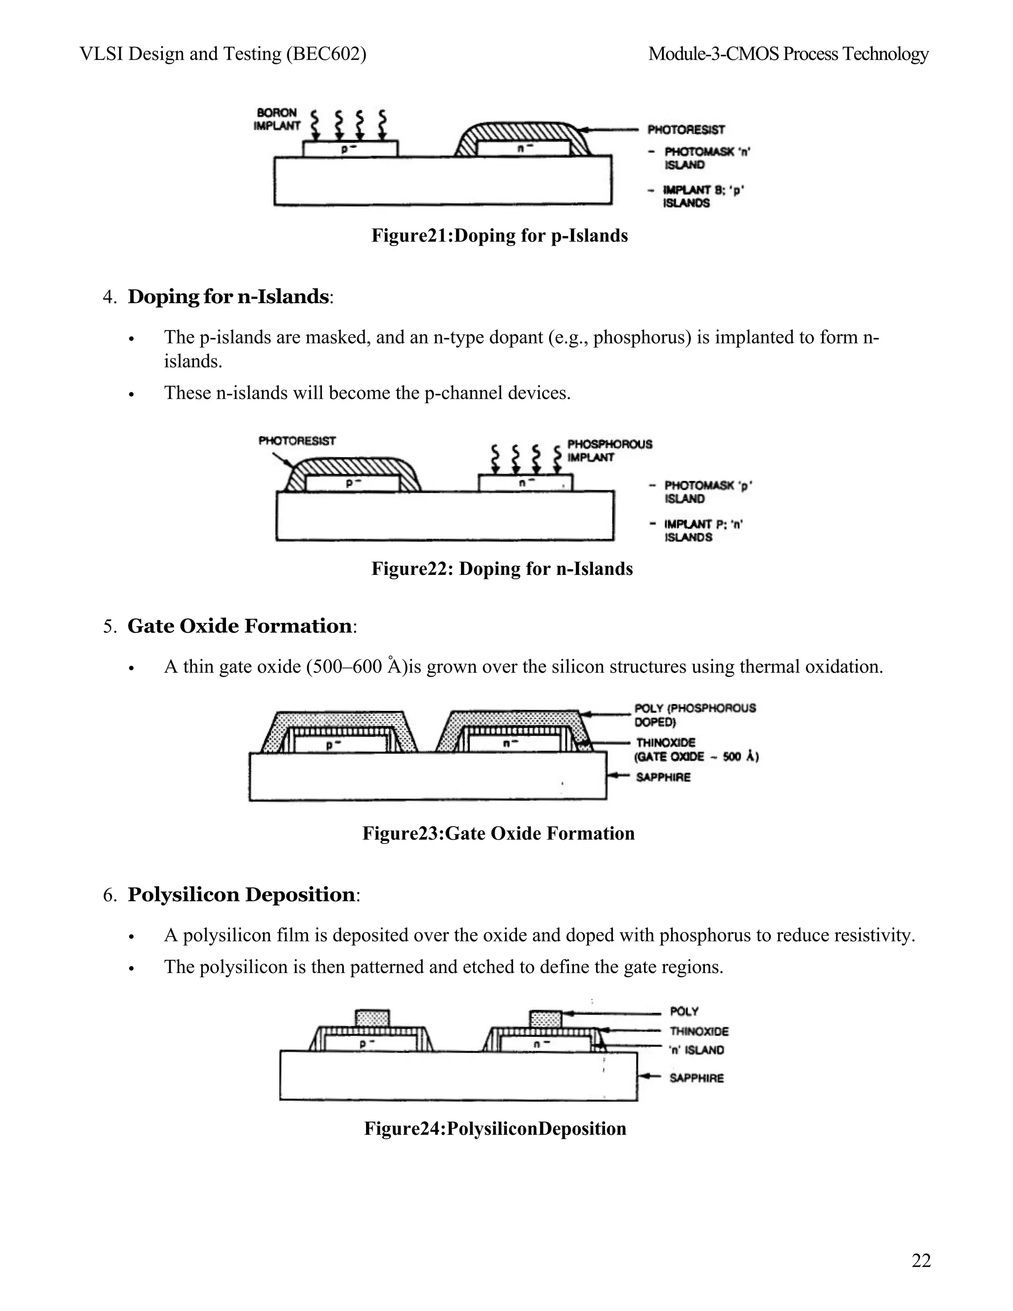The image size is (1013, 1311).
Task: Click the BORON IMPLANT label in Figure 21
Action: click(276, 119)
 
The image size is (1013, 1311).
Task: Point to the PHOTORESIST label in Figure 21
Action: click(686, 130)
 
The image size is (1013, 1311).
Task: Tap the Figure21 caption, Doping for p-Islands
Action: click(499, 235)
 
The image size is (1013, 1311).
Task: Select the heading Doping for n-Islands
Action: click(228, 296)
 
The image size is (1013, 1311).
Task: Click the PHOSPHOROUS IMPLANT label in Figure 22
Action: click(609, 450)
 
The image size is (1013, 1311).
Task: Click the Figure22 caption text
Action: click(502, 568)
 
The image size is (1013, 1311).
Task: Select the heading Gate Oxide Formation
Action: click(239, 626)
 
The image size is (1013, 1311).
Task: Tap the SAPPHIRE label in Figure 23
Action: click(663, 777)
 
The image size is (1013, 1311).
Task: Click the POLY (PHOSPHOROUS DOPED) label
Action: click(695, 714)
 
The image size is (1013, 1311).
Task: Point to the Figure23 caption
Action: click(498, 833)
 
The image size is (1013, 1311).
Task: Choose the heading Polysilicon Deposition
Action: click(241, 895)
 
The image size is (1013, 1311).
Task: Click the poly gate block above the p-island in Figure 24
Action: click(372, 1018)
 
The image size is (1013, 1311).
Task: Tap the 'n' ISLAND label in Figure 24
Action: click(696, 1050)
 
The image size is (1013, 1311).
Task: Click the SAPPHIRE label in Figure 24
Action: click(696, 1077)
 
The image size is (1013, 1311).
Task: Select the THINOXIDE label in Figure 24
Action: click(699, 1031)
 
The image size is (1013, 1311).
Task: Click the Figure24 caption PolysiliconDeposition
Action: click(495, 1128)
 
